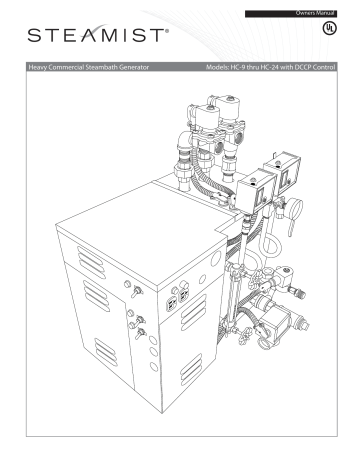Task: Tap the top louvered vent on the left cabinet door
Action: click(74, 291)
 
